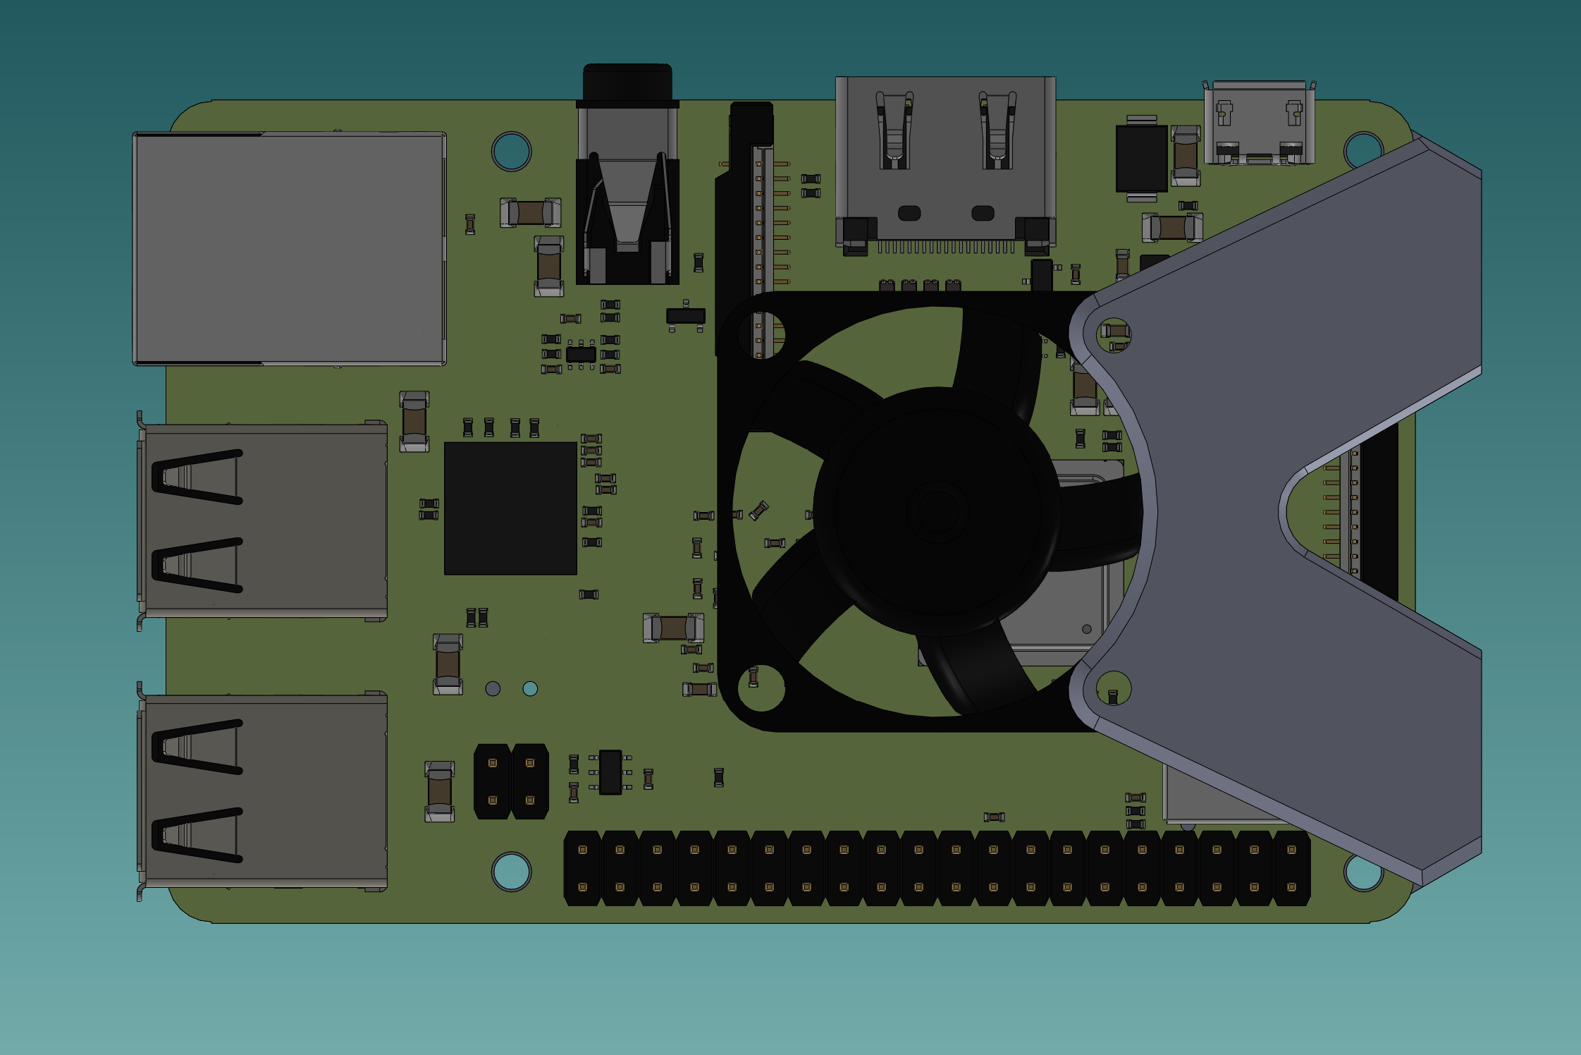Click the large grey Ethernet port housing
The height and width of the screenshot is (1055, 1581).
[x=289, y=248]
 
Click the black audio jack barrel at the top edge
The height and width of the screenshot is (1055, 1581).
[x=627, y=83]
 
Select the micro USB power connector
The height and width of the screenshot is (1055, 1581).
[x=1259, y=124]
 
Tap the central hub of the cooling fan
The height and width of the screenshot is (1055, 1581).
[x=937, y=511]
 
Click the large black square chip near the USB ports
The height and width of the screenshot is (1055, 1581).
[x=510, y=508]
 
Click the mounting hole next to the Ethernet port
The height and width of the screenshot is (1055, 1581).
[x=512, y=151]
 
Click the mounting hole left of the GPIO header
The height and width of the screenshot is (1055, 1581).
[x=512, y=872]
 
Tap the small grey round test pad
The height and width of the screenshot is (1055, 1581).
[x=493, y=688]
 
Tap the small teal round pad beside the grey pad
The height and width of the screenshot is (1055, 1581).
[x=530, y=688]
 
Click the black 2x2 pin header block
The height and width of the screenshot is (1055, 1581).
[x=511, y=781]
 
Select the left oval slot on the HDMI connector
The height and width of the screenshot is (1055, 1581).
[x=909, y=213]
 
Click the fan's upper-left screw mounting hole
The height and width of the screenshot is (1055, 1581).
[x=761, y=334]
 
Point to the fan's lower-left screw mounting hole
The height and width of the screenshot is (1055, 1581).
[x=761, y=687]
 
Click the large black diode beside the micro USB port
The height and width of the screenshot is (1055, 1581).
[x=1141, y=159]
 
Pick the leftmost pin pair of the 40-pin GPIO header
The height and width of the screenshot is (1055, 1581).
[x=583, y=868]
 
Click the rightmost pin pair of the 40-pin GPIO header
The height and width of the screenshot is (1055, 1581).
[x=1291, y=868]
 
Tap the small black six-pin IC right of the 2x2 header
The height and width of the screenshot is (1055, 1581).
[x=610, y=772]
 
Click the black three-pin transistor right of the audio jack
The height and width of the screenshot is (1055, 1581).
[x=686, y=316]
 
